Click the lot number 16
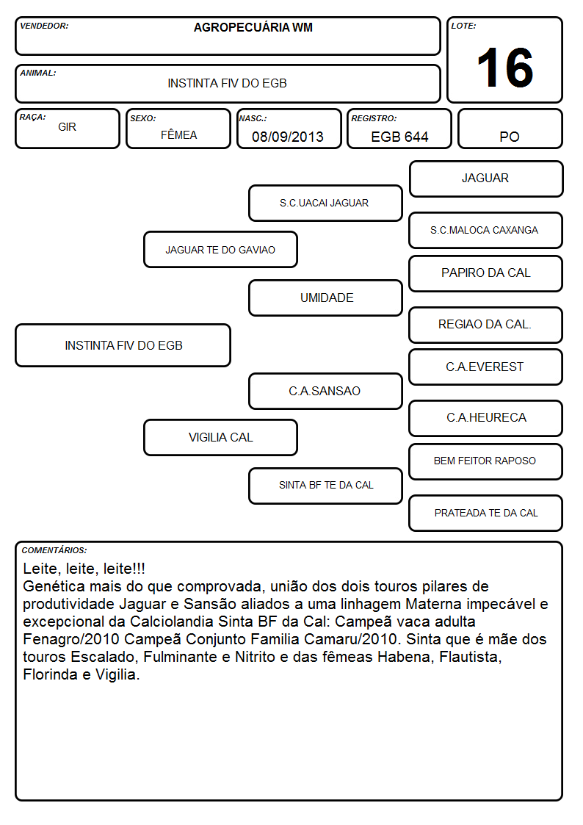click(x=505, y=68)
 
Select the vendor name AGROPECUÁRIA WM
click(x=253, y=27)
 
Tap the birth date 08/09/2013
click(x=288, y=137)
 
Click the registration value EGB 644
click(x=399, y=137)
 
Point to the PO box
click(x=510, y=129)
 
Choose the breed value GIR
click(x=68, y=127)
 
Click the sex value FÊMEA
click(x=178, y=134)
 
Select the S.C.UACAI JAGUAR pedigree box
click(x=325, y=203)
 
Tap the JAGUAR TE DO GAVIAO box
click(x=220, y=249)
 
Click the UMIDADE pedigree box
click(x=325, y=298)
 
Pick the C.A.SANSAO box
click(x=325, y=391)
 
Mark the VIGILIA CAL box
click(x=220, y=437)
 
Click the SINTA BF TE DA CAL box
click(x=325, y=486)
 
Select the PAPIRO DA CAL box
click(x=486, y=273)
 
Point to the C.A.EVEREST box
click(x=486, y=367)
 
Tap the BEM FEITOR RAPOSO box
click(x=486, y=461)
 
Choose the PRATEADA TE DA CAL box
click(x=486, y=513)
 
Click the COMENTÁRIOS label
click(x=54, y=550)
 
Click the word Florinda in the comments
click(x=51, y=674)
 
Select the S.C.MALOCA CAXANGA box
click(x=486, y=231)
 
